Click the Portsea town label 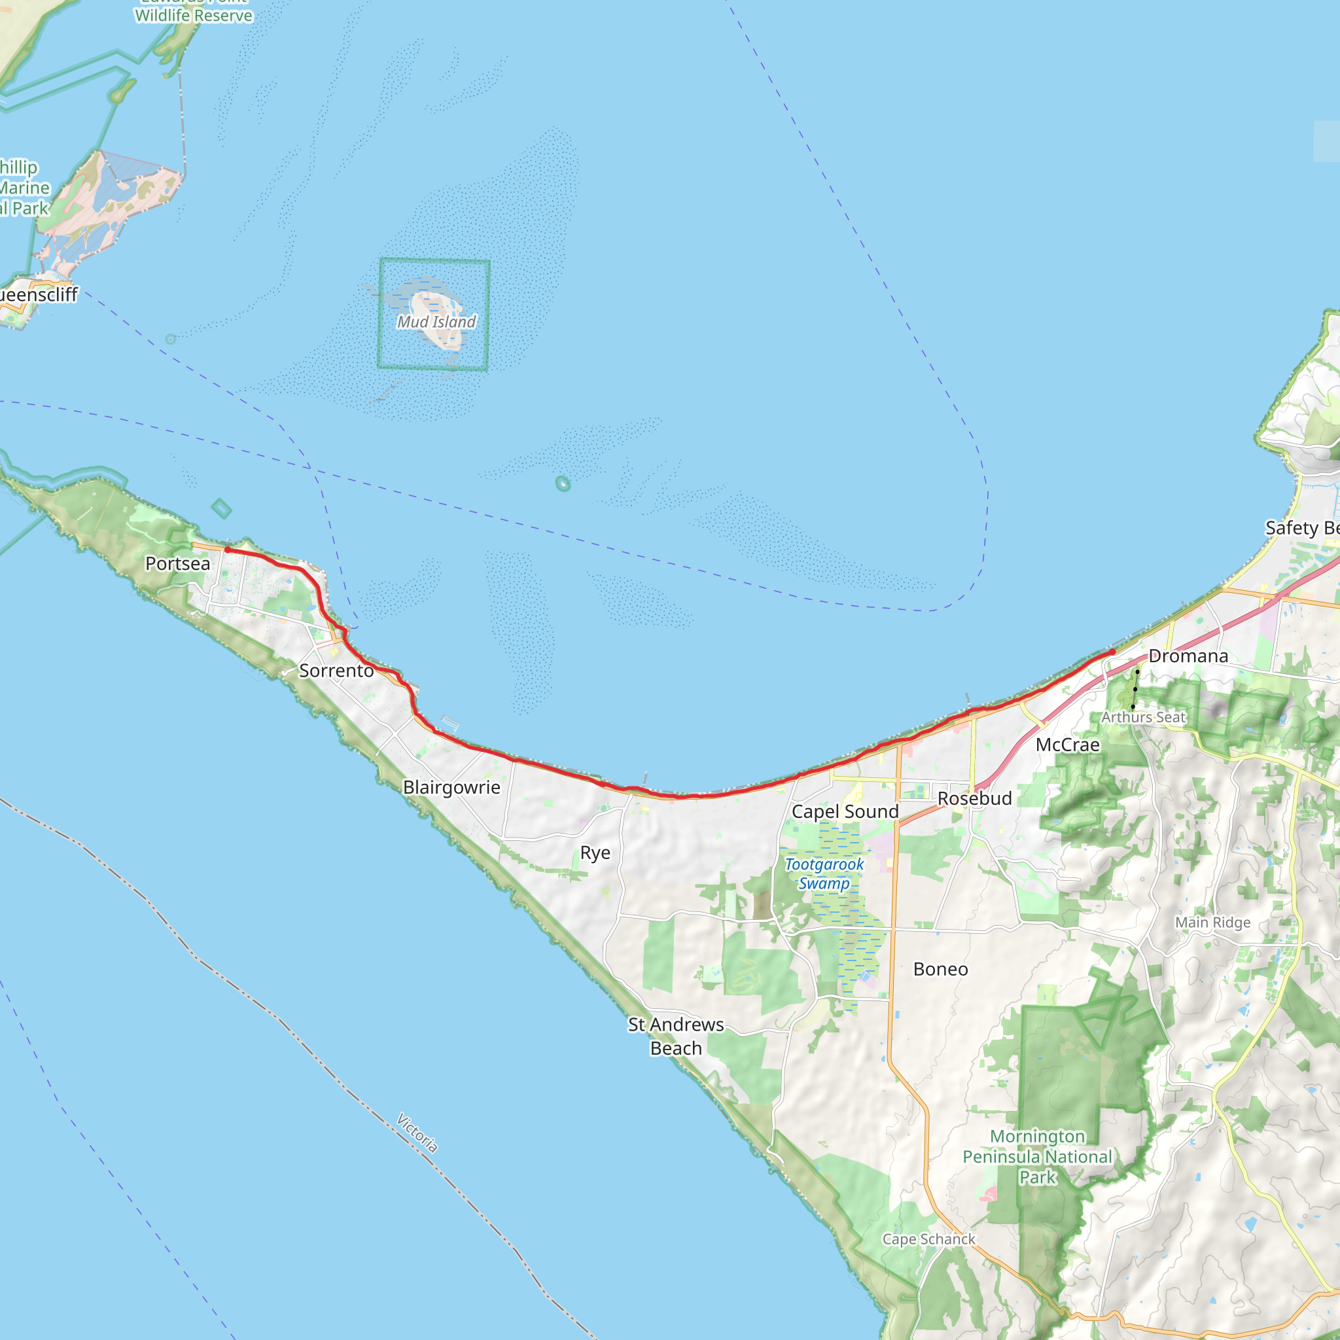click(177, 563)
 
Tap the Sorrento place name click(336, 671)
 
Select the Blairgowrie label click(451, 787)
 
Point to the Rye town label click(595, 853)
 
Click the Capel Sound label click(845, 811)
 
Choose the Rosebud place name click(974, 798)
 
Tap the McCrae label click(1067, 745)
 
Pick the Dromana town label click(1188, 656)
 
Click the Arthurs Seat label click(1144, 717)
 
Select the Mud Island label click(436, 322)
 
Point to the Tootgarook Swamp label click(824, 874)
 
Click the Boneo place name click(940, 969)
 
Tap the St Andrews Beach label click(675, 1036)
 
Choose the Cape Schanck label click(928, 1239)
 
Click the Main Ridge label click(1212, 923)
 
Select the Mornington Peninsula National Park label click(1037, 1156)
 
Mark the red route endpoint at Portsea click(228, 550)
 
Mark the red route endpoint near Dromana click(1112, 652)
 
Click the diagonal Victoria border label click(417, 1133)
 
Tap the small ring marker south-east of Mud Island click(563, 484)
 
